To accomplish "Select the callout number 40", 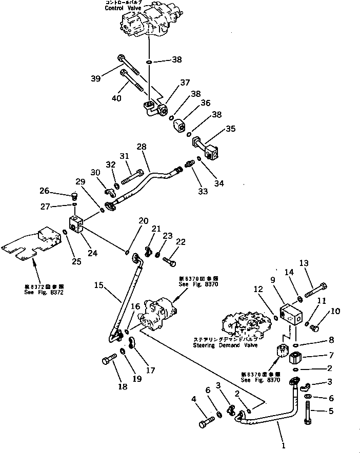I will pos(116,98).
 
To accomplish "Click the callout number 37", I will pos(184,83).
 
